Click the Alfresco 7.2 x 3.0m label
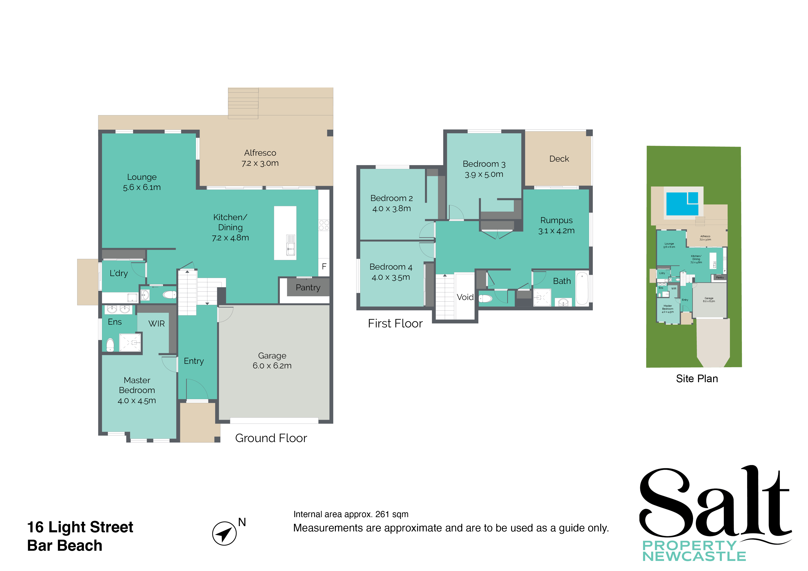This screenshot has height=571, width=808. [x=260, y=158]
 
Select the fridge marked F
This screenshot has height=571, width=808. [x=324, y=266]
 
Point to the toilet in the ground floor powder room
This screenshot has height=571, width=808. [x=170, y=294]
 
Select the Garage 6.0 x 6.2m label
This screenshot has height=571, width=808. [x=272, y=360]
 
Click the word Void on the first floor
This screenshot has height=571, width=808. [x=465, y=297]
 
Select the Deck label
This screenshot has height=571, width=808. [x=559, y=159]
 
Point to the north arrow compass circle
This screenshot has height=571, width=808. [x=224, y=533]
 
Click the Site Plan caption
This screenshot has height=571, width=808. [x=697, y=379]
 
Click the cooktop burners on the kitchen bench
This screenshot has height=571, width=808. [x=324, y=225]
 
